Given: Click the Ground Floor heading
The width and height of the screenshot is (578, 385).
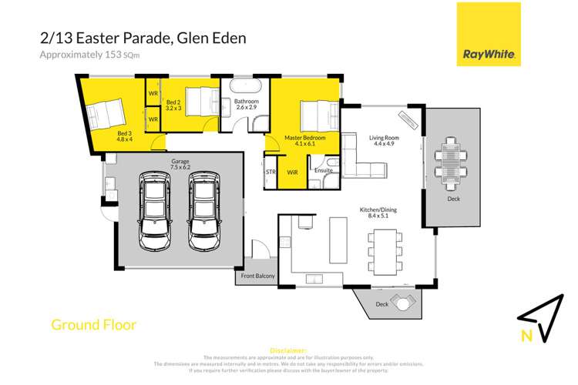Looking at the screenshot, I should (x=93, y=325).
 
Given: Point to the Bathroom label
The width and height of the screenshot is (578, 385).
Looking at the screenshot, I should (x=247, y=105).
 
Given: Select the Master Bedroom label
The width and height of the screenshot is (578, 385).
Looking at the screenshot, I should (x=304, y=139).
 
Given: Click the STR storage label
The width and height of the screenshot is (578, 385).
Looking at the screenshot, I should (x=271, y=172).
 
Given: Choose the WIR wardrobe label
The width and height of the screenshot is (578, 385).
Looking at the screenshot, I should (x=292, y=172).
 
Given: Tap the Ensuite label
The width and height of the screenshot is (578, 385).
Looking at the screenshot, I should (x=324, y=169).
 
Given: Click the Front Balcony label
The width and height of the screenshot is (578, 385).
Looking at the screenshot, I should (x=256, y=276).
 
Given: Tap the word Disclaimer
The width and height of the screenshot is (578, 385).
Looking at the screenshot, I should (x=288, y=350).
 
